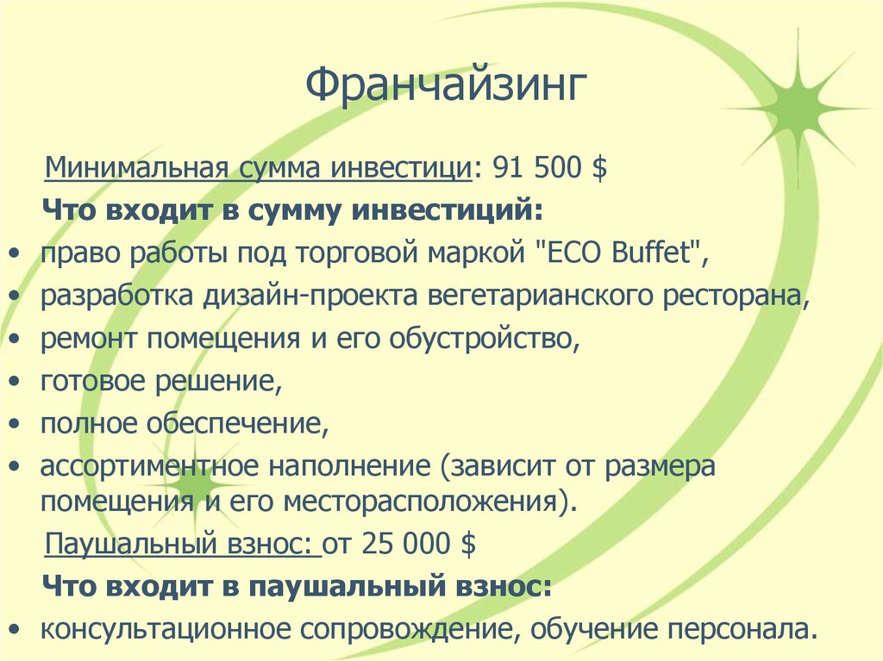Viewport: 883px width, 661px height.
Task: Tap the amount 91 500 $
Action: pos(549,167)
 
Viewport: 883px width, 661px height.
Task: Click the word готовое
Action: pos(93,381)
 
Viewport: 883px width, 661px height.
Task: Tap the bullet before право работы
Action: pos(17,254)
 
